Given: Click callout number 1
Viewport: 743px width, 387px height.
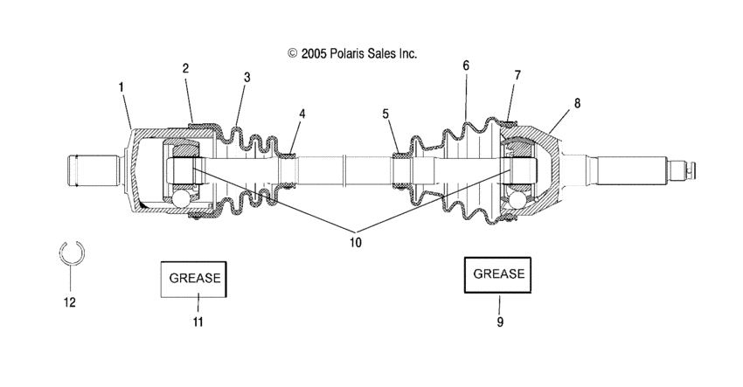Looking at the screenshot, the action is (121, 87).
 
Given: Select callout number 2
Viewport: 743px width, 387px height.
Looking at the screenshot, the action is (185, 68).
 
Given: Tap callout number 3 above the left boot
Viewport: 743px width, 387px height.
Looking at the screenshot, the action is (247, 77).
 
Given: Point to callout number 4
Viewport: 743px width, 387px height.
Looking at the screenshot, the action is (302, 114).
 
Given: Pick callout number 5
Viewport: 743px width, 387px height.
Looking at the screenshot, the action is (385, 114).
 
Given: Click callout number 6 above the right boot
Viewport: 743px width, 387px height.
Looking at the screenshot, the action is (466, 66).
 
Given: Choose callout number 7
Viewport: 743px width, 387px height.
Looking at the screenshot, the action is (517, 75).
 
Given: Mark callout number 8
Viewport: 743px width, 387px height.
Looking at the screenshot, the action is (577, 103).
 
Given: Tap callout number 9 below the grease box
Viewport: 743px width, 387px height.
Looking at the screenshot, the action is (500, 322).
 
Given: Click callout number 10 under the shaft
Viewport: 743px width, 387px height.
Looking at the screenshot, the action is (356, 243).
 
